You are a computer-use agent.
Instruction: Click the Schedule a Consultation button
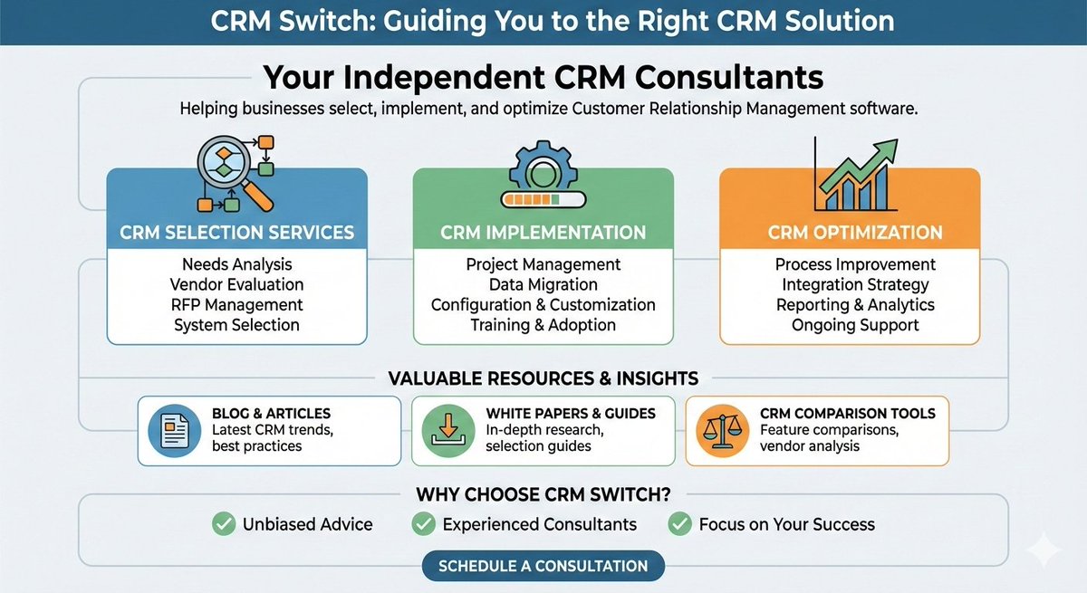pos(543,567)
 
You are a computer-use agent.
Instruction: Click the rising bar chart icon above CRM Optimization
pos(852,171)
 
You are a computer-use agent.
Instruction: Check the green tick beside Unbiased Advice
pos(221,524)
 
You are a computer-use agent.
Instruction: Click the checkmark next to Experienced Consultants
pos(421,524)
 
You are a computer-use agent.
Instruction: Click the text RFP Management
pos(236,305)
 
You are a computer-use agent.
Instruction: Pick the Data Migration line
pos(543,285)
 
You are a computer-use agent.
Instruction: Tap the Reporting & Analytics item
pos(855,305)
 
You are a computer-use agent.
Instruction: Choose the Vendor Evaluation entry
pos(236,285)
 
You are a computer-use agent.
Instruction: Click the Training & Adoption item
pos(543,325)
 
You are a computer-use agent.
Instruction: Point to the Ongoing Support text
pos(855,325)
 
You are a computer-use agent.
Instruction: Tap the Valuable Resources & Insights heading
pos(543,378)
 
